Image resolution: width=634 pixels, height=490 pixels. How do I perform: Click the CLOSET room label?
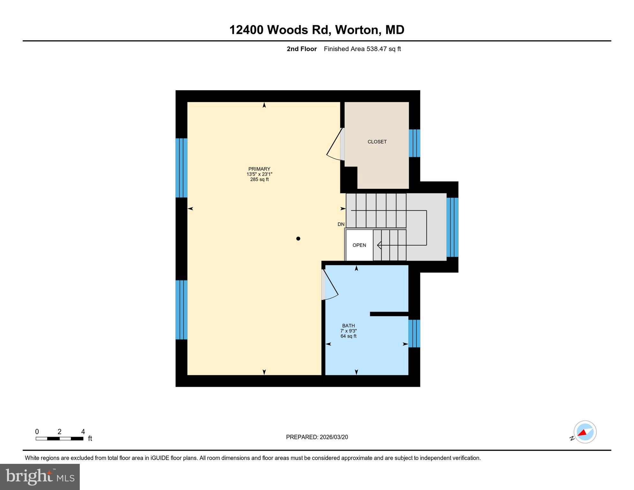[x=377, y=142]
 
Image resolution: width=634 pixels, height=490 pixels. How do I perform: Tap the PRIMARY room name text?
[x=259, y=169]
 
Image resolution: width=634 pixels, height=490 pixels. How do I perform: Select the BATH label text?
[x=348, y=326]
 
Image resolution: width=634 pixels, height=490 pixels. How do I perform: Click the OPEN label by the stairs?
[x=359, y=245]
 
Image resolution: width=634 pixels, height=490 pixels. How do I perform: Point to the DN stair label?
[x=341, y=224]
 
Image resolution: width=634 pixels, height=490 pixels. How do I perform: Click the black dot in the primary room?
[x=298, y=238]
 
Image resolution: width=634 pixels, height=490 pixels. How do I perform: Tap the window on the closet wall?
[x=414, y=143]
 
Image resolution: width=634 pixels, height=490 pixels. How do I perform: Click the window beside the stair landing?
[x=452, y=227]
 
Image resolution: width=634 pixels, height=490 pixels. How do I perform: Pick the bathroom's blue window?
[x=414, y=333]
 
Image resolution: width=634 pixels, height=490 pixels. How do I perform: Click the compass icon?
[x=585, y=432]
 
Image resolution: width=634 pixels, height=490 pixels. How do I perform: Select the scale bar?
[x=59, y=438]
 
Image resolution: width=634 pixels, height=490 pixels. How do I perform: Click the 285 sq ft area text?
[x=259, y=180]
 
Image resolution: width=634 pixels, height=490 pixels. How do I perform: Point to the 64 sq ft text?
[x=348, y=336]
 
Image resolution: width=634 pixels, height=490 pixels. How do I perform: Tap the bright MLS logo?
[x=40, y=477]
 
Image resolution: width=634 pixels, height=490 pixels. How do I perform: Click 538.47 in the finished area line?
[x=376, y=49]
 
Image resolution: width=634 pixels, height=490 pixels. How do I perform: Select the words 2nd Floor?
[x=302, y=49]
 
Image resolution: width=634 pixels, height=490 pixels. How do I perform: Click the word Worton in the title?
[x=356, y=30]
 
